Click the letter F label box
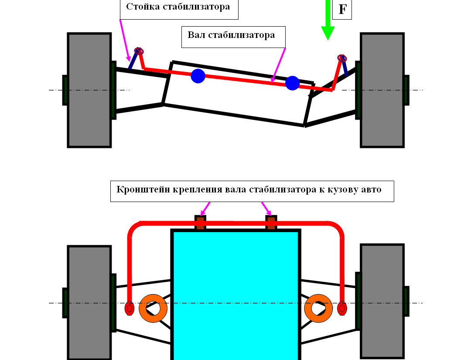pyautogui.click(x=342, y=9)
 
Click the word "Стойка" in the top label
pyautogui.click(x=142, y=7)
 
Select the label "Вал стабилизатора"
pyautogui.click(x=231, y=35)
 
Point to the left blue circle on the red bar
pyautogui.click(x=198, y=76)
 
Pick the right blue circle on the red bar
pyautogui.click(x=292, y=83)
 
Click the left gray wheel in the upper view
pyautogui.click(x=89, y=90)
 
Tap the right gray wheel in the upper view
pyautogui.click(x=382, y=90)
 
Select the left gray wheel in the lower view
pyautogui.click(x=89, y=302)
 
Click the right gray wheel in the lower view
pyautogui.click(x=382, y=301)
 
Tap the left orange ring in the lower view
pyautogui.click(x=153, y=308)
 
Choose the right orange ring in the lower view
pyautogui.click(x=319, y=308)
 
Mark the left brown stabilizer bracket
pyautogui.click(x=200, y=223)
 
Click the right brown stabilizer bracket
pyautogui.click(x=271, y=223)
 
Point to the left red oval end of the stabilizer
pyautogui.click(x=129, y=308)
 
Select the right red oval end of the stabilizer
pyautogui.click(x=342, y=308)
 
